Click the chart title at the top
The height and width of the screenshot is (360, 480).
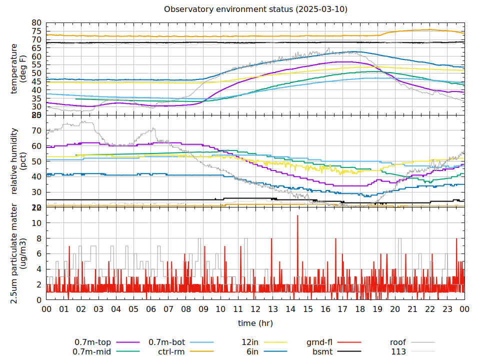point(255,9)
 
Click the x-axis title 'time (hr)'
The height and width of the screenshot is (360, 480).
point(255,323)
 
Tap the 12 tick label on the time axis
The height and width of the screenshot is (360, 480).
point(255,309)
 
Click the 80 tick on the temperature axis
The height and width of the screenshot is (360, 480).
point(36,23)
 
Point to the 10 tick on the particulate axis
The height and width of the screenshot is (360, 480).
point(36,223)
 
